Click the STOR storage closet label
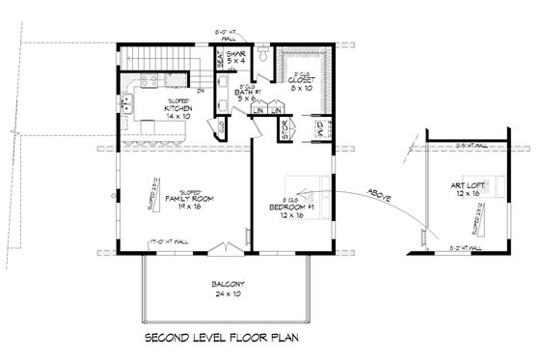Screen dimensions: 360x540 point(283,126)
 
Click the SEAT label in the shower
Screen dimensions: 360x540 point(220,60)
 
